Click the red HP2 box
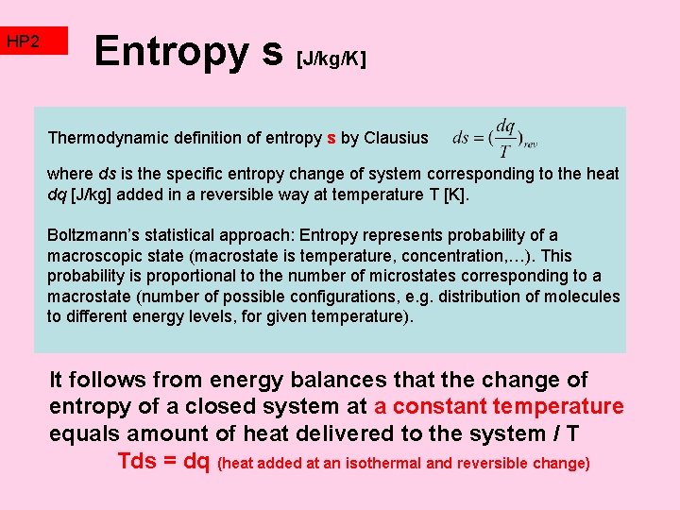35,42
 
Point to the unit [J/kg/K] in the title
331,59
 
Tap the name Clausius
396,138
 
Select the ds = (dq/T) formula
495,138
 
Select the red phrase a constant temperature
500,407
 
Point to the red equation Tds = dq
163,461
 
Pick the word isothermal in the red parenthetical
378,464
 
